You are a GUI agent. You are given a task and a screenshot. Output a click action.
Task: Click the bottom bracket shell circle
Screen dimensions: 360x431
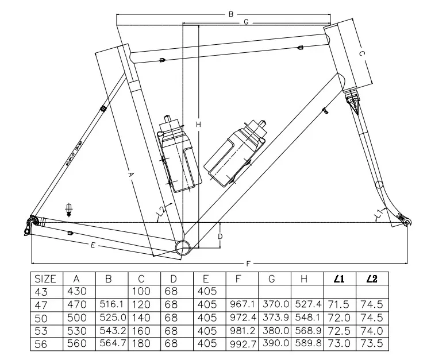point(183,247)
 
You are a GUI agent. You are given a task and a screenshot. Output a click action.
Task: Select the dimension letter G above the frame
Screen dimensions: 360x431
point(245,22)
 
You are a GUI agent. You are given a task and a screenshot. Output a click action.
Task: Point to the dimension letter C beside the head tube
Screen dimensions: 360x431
point(361,53)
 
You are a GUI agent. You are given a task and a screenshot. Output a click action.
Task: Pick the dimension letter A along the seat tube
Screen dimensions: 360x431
point(130,175)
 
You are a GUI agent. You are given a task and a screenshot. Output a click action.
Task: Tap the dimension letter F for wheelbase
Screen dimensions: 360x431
point(248,264)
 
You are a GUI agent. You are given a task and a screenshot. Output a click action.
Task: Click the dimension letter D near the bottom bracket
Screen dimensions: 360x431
point(220,236)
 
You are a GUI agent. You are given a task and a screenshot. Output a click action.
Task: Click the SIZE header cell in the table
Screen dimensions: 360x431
point(45,279)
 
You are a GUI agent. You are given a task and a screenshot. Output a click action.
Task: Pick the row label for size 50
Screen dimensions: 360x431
point(45,318)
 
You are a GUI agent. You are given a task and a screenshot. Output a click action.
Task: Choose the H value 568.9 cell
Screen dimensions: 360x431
point(307,331)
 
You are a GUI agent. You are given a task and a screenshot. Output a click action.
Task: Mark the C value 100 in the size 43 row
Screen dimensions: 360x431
point(143,292)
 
